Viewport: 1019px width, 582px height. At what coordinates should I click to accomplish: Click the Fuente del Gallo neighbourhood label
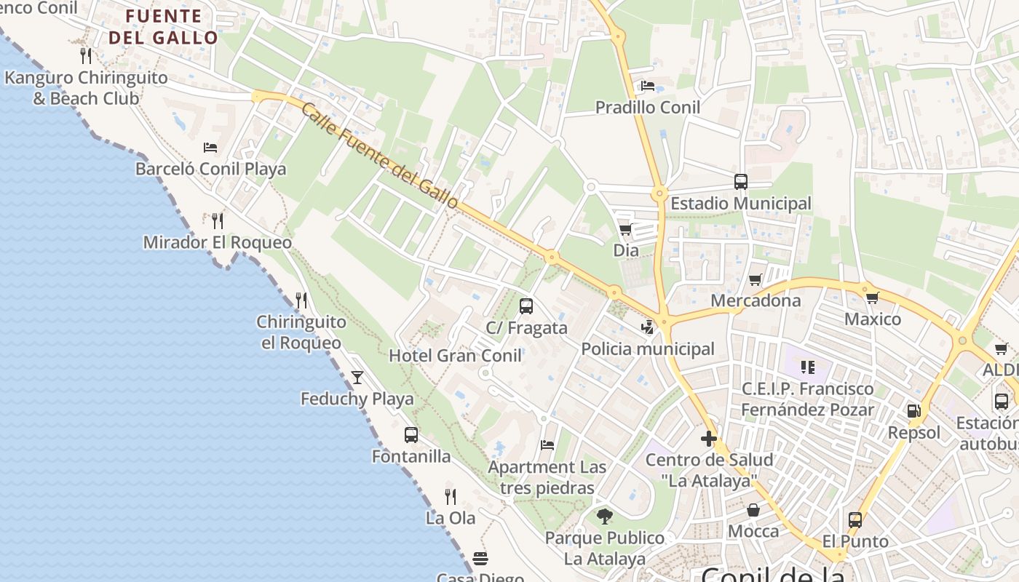[x=163, y=27]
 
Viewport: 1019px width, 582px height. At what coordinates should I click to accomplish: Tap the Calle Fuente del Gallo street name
[x=379, y=156]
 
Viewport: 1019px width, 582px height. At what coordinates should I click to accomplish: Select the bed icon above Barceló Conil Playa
[x=210, y=148]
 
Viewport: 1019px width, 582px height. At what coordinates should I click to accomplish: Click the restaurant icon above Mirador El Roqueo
[x=217, y=220]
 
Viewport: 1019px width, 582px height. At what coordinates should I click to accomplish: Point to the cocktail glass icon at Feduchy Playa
[x=357, y=377]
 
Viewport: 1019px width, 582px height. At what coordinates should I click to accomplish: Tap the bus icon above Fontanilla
[x=411, y=435]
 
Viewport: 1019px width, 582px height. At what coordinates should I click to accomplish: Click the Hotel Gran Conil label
[x=455, y=356]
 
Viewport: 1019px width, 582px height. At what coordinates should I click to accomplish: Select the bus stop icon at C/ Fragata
[x=526, y=306]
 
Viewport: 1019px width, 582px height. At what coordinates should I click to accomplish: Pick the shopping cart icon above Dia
[x=625, y=230]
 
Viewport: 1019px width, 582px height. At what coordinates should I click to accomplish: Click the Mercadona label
[x=756, y=300]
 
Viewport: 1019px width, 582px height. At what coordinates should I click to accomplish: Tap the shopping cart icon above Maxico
[x=872, y=298]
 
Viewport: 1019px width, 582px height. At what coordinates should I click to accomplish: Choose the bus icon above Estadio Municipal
[x=741, y=182]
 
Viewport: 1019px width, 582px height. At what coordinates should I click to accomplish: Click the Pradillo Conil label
[x=648, y=108]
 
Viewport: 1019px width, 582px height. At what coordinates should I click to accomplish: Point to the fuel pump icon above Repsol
[x=913, y=411]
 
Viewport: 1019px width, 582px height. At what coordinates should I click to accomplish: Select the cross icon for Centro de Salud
[x=709, y=439]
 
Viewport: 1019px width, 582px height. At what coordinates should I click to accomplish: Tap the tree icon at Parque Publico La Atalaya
[x=604, y=517]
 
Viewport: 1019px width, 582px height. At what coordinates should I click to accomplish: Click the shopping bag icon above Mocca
[x=753, y=510]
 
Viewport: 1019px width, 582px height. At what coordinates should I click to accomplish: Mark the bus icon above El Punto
[x=855, y=520]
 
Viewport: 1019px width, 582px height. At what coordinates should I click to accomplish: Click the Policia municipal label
[x=648, y=349]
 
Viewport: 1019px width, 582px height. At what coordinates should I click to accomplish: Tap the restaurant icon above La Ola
[x=451, y=497]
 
